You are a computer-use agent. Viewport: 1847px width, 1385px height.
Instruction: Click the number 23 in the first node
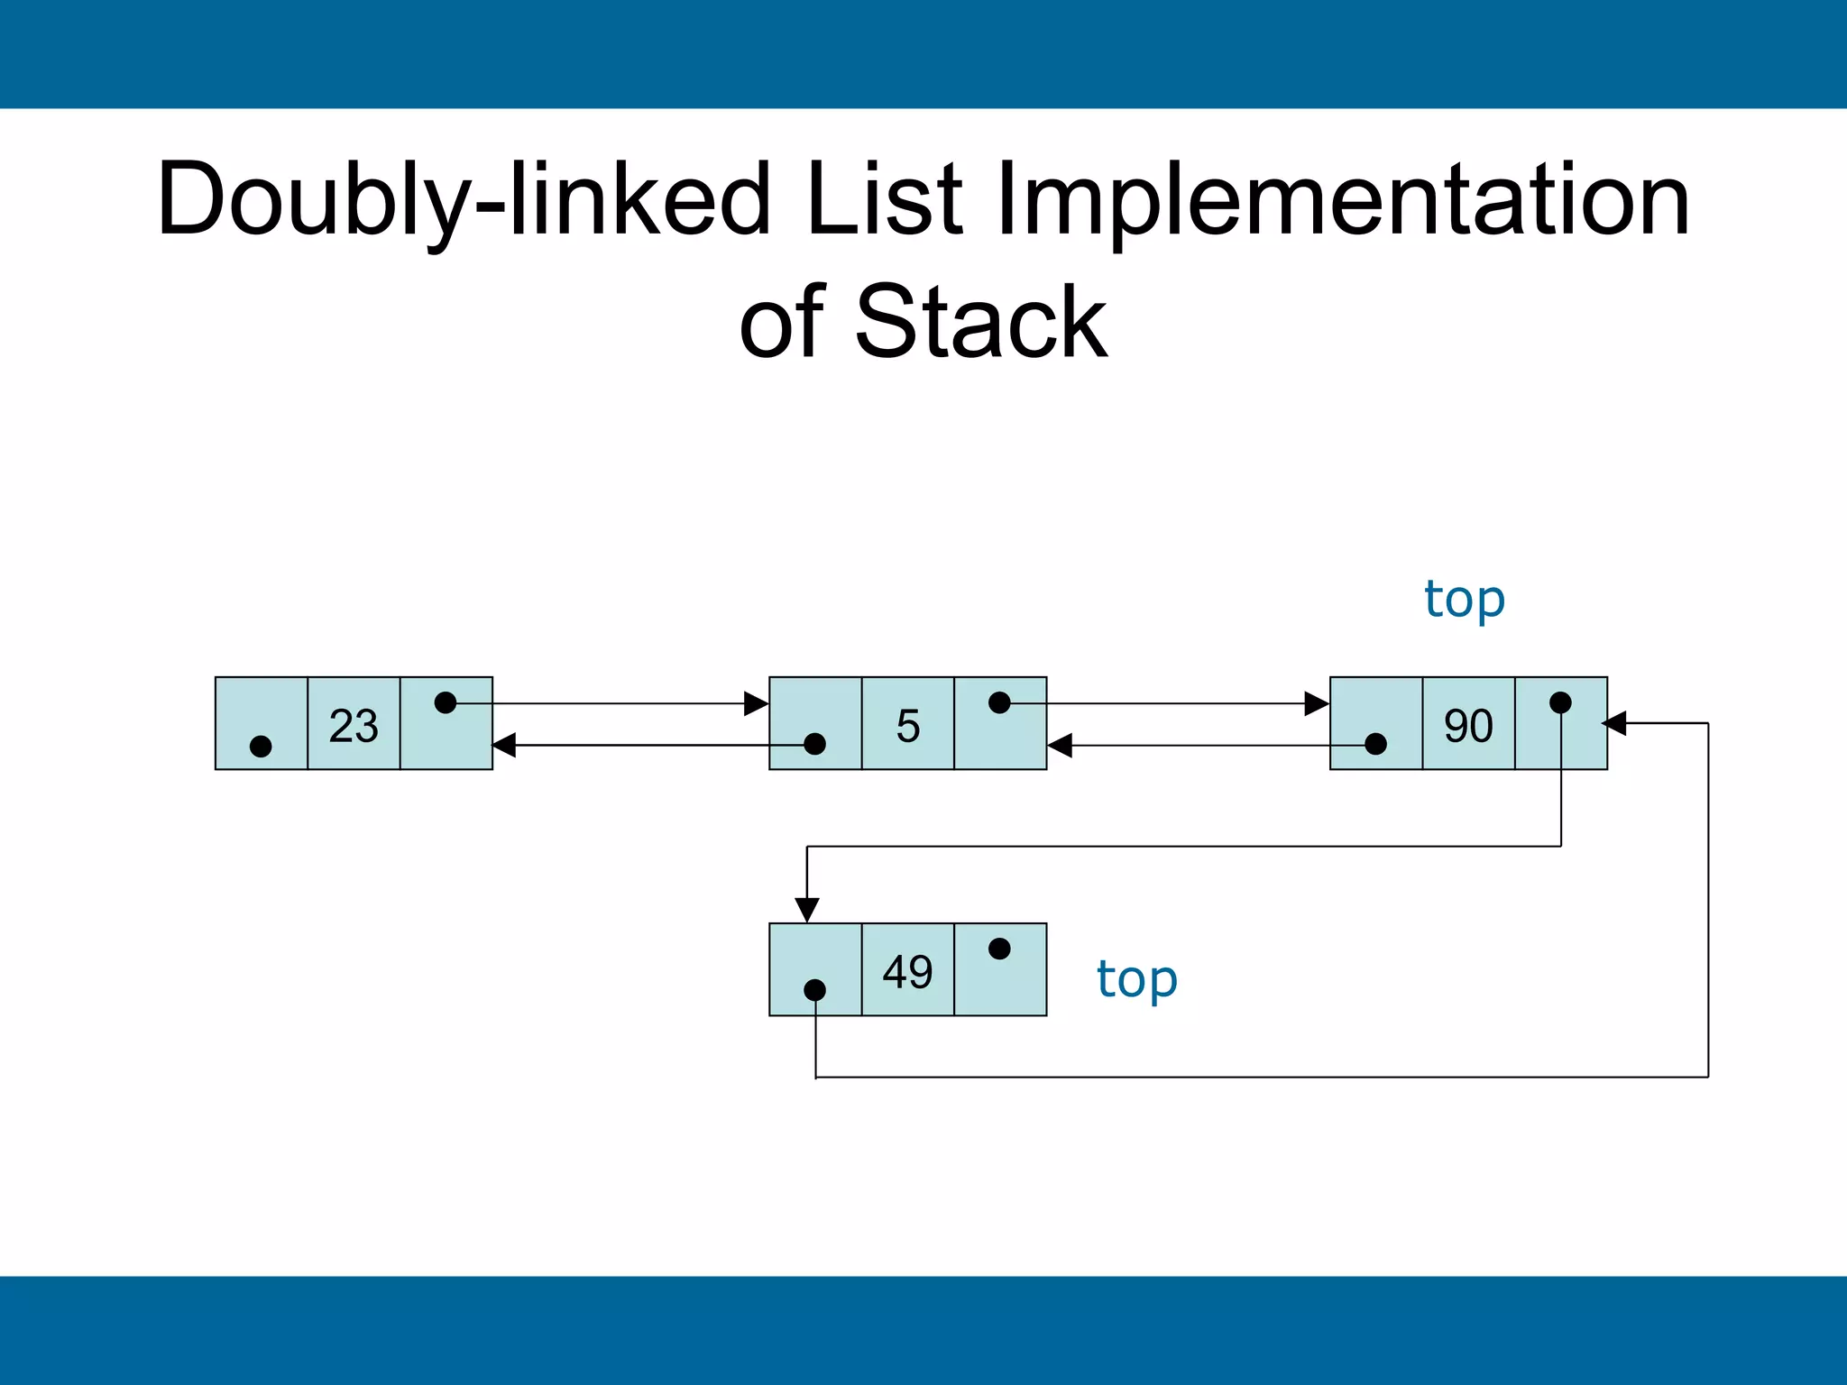354,726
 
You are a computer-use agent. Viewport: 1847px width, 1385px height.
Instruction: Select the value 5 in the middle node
908,726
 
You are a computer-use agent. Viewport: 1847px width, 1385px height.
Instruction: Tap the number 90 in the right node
1468,726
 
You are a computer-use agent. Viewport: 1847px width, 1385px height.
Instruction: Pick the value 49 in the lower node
907,972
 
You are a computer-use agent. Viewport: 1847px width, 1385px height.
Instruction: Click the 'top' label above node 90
1465,600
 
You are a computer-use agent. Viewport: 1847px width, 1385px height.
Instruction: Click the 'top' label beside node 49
1137,980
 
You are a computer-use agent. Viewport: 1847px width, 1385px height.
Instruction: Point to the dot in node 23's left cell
261,747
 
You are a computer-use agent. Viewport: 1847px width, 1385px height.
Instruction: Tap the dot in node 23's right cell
446,702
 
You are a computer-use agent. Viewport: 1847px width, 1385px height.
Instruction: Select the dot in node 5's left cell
814,744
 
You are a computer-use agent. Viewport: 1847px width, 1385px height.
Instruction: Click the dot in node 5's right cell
999,702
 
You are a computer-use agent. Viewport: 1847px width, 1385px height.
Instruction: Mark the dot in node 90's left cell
1375,744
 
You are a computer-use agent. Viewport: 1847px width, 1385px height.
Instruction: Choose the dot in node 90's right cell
1560,702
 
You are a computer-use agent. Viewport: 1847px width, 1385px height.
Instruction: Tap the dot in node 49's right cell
999,949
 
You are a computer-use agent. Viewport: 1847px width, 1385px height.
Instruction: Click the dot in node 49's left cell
814,990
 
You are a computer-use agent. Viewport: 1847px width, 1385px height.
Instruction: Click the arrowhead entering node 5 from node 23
757,703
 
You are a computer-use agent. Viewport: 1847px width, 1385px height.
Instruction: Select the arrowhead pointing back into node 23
505,745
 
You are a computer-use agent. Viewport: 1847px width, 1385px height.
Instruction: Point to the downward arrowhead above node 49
807,909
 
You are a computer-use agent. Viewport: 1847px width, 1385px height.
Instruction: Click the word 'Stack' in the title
980,322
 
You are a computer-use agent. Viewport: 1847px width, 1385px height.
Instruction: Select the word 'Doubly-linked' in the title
464,200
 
